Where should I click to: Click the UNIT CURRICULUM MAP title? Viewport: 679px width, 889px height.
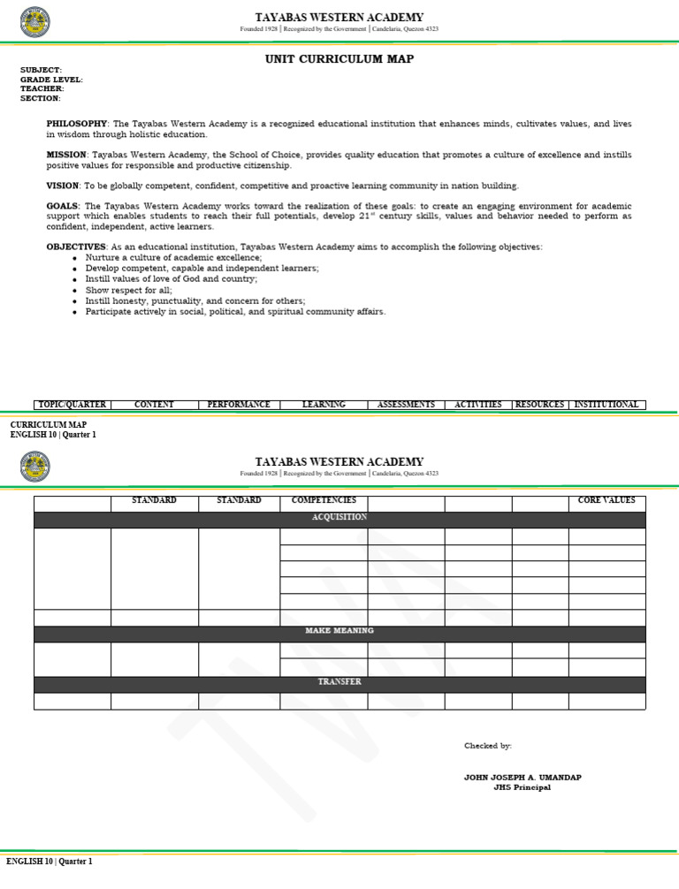pyautogui.click(x=339, y=59)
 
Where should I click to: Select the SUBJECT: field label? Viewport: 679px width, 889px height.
pyautogui.click(x=42, y=70)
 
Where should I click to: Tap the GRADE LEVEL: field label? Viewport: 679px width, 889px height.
pyautogui.click(x=51, y=80)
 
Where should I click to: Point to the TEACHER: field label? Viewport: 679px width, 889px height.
pyautogui.click(x=42, y=89)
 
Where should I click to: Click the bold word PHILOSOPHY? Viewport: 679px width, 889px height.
pyautogui.click(x=77, y=124)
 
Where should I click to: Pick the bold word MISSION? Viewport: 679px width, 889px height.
pyautogui.click(x=66, y=155)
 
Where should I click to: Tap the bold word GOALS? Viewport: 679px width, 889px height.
pyautogui.click(x=62, y=206)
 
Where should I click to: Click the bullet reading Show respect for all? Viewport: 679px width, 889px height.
pyautogui.click(x=129, y=290)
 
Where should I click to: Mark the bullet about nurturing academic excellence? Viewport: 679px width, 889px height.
pyautogui.click(x=168, y=257)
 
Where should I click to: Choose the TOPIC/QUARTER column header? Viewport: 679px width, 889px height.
pyautogui.click(x=72, y=405)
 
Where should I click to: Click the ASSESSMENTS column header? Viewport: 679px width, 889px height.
pyautogui.click(x=406, y=405)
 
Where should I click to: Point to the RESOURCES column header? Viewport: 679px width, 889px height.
pyautogui.click(x=539, y=405)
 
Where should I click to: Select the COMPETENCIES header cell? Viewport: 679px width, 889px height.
pyautogui.click(x=324, y=501)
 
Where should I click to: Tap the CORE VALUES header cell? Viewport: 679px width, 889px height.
pyautogui.click(x=607, y=501)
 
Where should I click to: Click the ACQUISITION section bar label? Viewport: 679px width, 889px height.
pyautogui.click(x=339, y=517)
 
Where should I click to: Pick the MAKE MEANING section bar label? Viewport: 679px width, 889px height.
pyautogui.click(x=339, y=631)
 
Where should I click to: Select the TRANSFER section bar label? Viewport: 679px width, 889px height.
pyautogui.click(x=339, y=682)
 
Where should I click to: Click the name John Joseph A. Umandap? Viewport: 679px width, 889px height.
pyautogui.click(x=523, y=778)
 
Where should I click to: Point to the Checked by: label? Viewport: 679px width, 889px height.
pyautogui.click(x=488, y=746)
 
